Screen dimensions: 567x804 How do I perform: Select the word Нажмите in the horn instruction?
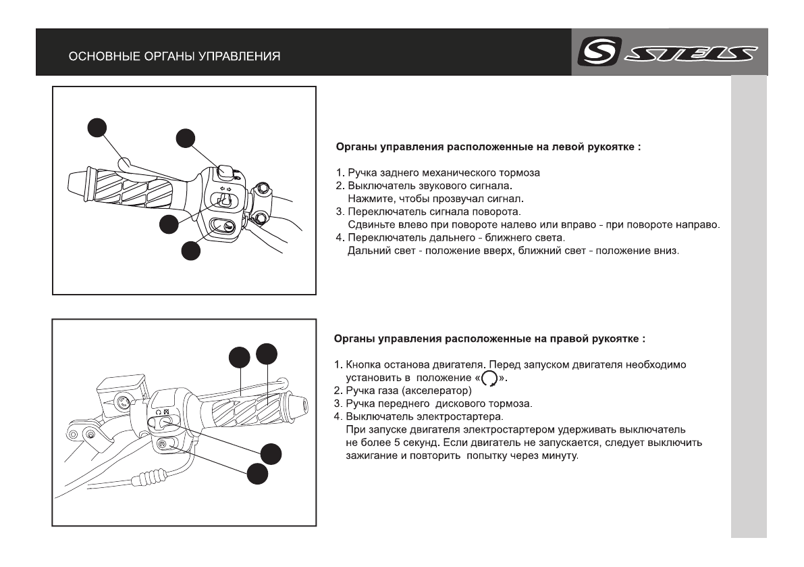368,198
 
